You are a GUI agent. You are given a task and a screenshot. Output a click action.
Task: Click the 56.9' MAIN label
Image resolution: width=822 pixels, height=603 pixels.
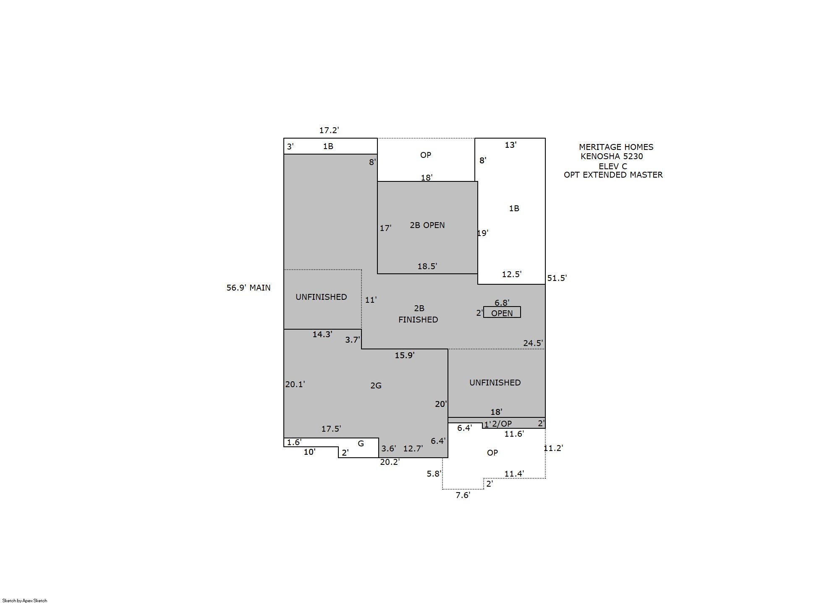(x=249, y=288)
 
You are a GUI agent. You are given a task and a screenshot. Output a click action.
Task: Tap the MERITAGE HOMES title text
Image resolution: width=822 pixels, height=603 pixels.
(x=616, y=147)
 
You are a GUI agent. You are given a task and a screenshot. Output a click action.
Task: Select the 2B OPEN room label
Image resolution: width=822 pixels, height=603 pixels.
(x=427, y=225)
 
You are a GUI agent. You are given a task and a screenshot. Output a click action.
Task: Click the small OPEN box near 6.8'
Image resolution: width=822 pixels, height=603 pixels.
(x=502, y=312)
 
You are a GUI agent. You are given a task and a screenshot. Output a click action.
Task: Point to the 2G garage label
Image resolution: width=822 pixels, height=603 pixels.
(x=376, y=385)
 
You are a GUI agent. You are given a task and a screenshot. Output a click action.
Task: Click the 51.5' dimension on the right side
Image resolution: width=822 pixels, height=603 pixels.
(x=557, y=278)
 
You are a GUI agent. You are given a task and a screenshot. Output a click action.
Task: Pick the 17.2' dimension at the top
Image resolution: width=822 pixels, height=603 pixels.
(x=329, y=130)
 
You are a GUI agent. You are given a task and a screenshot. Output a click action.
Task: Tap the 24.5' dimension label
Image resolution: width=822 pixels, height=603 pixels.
(x=533, y=343)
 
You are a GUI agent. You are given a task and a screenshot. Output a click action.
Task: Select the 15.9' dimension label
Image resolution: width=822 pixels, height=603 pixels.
(x=405, y=355)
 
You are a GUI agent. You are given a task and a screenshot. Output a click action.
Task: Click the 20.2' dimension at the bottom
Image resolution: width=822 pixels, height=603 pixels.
(x=390, y=462)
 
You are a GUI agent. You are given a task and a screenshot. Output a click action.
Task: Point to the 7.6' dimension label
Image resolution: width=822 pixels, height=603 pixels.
(x=463, y=496)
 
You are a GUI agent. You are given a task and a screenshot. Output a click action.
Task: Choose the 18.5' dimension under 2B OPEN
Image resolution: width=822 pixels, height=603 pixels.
(x=427, y=266)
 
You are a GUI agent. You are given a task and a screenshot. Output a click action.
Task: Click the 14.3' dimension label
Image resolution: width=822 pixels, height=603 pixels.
(x=322, y=334)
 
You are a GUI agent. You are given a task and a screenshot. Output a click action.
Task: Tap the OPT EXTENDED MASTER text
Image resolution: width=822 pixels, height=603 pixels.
(x=613, y=175)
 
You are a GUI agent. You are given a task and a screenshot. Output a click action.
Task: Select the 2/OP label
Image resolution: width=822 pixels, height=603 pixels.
(x=502, y=424)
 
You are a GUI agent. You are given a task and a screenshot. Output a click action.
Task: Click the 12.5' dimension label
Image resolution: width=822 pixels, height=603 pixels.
(x=512, y=274)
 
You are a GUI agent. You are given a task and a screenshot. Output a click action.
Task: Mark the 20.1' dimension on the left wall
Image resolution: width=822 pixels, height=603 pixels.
(x=295, y=384)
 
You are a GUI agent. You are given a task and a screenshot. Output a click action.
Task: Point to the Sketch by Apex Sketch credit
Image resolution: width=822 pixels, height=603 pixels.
(x=25, y=600)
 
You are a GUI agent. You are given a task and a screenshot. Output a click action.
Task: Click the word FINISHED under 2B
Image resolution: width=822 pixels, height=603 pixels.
(x=418, y=320)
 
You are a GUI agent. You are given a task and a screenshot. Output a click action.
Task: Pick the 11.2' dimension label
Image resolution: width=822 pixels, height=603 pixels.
(x=553, y=448)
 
